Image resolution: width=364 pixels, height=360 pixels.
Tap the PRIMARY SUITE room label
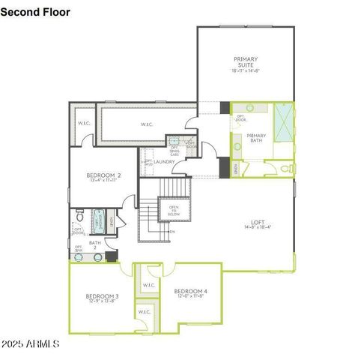(245, 62)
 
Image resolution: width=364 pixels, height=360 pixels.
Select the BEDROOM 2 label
(103, 175)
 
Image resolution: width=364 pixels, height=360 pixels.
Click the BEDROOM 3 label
(103, 297)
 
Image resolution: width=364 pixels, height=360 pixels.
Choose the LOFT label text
(258, 222)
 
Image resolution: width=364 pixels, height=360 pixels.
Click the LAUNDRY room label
(165, 161)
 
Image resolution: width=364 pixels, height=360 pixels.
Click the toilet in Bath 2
(79, 217)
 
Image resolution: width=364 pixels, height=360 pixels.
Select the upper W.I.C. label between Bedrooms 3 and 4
(148, 285)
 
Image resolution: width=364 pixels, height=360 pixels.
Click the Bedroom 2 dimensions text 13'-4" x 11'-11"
(103, 181)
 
